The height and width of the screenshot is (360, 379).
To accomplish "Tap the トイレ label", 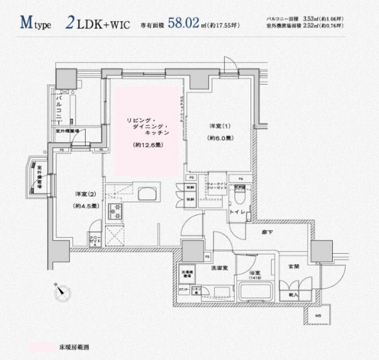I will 238,212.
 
